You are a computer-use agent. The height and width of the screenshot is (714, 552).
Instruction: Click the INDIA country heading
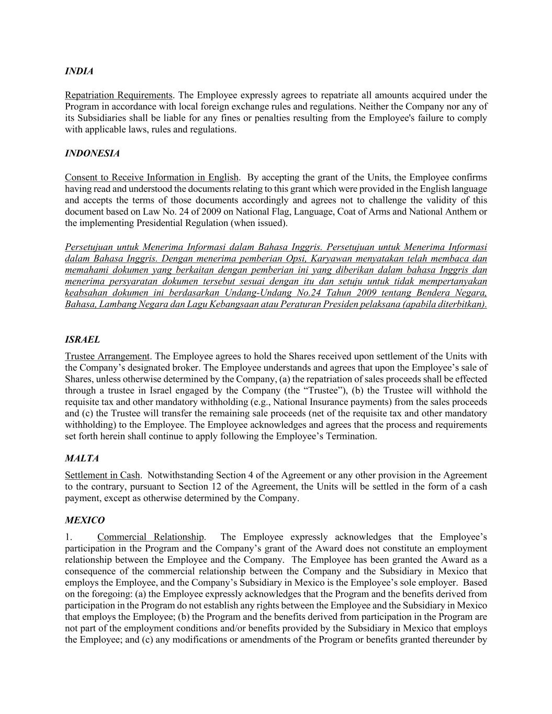[79, 71]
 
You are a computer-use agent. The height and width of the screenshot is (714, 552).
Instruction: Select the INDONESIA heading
[92, 153]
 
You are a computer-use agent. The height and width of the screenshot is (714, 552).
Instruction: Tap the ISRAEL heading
[82, 339]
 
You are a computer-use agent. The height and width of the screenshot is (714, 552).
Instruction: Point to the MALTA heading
[82, 458]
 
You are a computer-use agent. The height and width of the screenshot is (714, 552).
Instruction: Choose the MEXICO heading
[85, 520]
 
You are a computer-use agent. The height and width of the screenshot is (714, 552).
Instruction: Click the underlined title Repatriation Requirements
[119, 95]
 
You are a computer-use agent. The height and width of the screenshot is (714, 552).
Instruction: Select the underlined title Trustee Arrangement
[107, 356]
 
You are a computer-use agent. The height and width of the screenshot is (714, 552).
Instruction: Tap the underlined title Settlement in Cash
[103, 475]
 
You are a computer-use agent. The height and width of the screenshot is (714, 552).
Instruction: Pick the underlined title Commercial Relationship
[151, 537]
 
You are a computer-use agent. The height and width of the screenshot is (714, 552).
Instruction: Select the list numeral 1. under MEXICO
[68, 537]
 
